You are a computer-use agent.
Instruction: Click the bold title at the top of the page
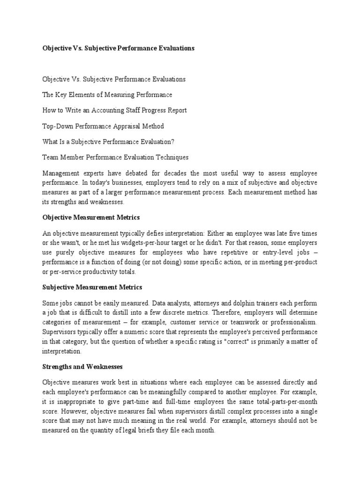point(118,48)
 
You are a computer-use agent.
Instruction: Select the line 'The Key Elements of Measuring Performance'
point(107,95)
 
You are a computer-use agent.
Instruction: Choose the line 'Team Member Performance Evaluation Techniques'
point(115,157)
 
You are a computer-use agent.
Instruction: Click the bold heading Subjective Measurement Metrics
point(92,287)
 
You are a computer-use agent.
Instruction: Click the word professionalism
point(293,322)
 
